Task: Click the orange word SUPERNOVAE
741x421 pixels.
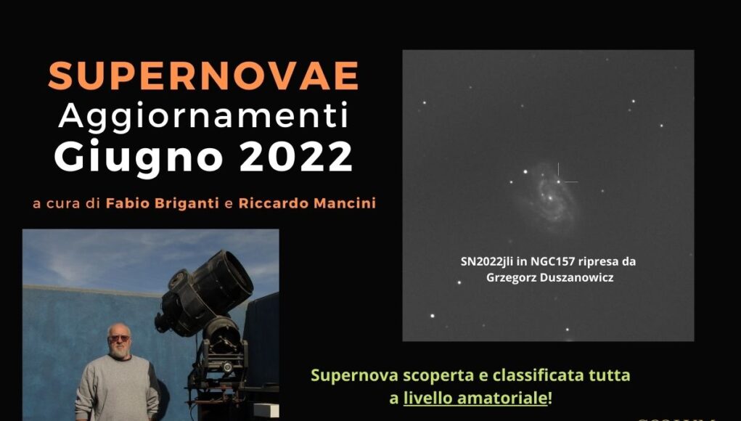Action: click(x=203, y=75)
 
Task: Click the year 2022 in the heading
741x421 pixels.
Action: click(x=296, y=156)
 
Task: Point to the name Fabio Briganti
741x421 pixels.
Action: click(x=163, y=203)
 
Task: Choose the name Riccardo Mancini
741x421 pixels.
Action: click(x=307, y=203)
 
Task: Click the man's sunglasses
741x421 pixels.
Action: click(x=119, y=338)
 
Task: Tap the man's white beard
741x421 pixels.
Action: click(x=119, y=351)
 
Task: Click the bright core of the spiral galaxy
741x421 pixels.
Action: click(x=550, y=198)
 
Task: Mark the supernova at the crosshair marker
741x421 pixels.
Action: click(x=559, y=181)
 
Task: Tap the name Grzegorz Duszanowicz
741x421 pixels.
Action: click(x=549, y=277)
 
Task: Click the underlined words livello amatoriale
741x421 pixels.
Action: click(x=475, y=398)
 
